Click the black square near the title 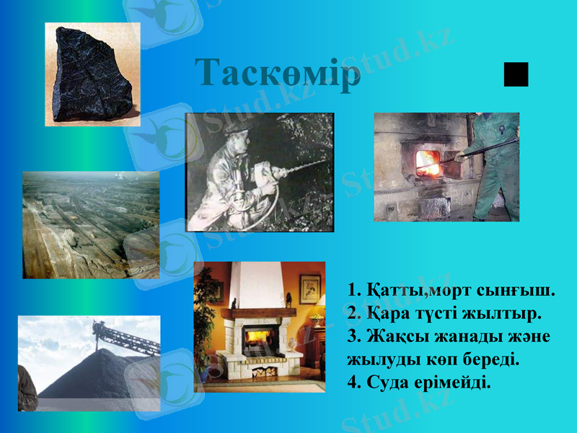click(516, 74)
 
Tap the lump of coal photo click(92, 75)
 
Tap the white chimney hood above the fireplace click(257, 285)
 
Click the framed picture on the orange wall click(310, 289)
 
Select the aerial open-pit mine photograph click(91, 224)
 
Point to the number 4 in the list click(353, 381)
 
